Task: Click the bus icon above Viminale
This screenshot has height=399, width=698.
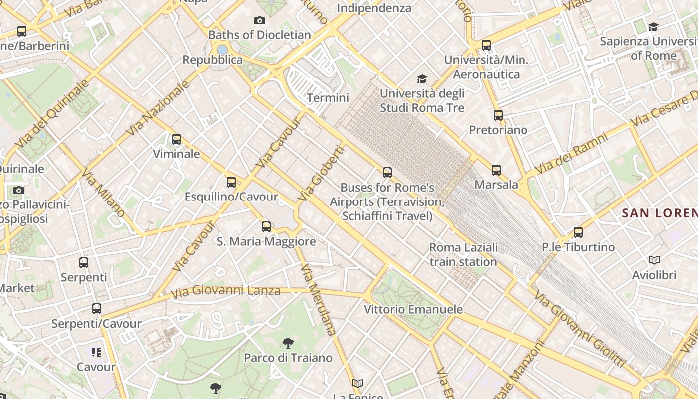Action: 176,139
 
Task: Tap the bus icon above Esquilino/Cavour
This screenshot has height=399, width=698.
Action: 231,182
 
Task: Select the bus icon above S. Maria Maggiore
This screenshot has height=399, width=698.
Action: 266,227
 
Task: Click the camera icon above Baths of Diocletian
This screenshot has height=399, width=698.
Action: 259,20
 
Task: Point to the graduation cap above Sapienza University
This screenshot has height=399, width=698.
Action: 653,27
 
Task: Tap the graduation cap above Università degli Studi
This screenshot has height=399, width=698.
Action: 422,79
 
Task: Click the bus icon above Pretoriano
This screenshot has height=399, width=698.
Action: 498,115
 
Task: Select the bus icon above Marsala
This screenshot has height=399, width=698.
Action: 496,170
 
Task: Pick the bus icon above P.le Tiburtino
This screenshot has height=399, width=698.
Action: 578,232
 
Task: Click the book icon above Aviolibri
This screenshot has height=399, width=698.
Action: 654,260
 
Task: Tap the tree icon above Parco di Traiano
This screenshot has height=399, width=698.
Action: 288,343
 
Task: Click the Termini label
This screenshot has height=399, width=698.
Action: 328,98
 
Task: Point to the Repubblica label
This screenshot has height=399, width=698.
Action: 213,60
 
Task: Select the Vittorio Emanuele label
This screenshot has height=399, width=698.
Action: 413,309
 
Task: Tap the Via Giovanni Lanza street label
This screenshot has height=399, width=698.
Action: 225,290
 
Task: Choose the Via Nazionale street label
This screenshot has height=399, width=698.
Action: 158,108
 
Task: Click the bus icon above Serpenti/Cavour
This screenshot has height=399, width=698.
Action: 97,309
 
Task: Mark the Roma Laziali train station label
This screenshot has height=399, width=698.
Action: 463,254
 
